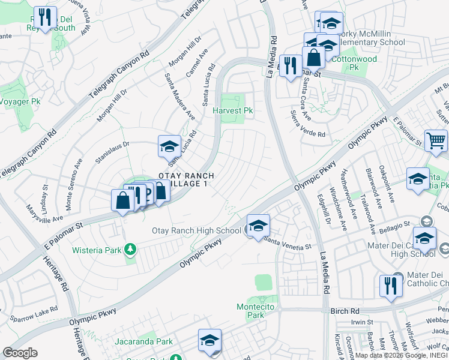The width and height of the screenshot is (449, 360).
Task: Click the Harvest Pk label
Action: (x=233, y=111)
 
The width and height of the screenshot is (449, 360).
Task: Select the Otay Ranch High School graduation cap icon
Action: (x=259, y=226)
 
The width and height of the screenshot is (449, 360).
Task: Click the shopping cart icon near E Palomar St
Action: (x=436, y=142)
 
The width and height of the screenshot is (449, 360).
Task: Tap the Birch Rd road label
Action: (x=345, y=311)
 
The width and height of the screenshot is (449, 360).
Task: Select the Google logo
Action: (x=20, y=352)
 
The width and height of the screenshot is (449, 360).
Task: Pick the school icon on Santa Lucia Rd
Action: (x=169, y=146)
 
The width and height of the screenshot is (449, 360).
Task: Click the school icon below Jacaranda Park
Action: (x=210, y=341)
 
